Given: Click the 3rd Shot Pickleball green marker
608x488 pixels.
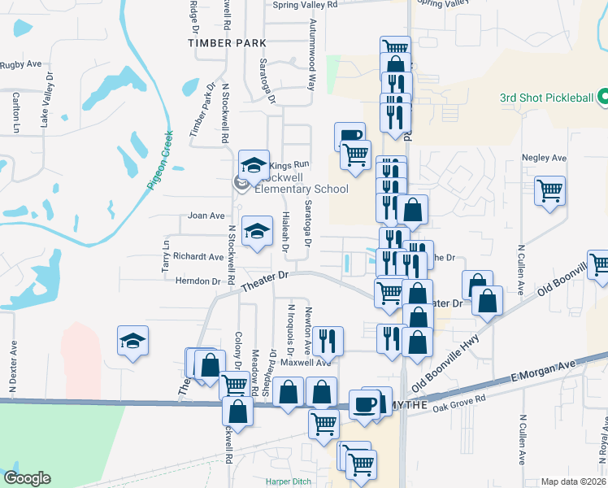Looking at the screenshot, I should [602, 98].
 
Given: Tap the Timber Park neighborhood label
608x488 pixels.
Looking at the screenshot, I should [220, 42].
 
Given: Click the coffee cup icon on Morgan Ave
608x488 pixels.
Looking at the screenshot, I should [365, 403].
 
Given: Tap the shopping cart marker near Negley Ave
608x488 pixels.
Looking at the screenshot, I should [550, 191].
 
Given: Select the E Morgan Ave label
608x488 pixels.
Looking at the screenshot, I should [543, 373].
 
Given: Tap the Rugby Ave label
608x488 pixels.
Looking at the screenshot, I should [21, 64].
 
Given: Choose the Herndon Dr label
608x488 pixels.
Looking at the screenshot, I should [198, 281].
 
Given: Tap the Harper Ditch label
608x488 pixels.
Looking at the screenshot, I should [289, 481].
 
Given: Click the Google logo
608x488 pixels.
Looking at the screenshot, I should [27, 478].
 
